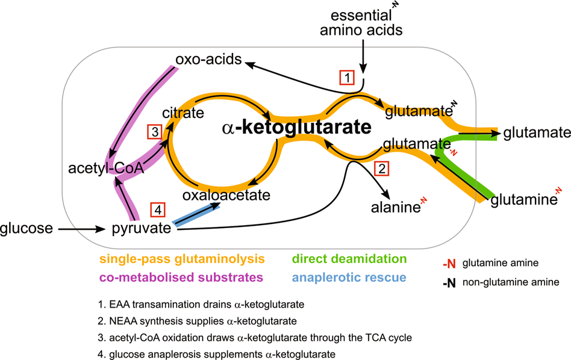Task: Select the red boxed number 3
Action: [x=154, y=131]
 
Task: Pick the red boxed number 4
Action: [x=158, y=210]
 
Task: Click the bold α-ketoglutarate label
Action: [x=296, y=128]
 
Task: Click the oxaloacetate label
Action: [x=226, y=195]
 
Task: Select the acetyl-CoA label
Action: [x=106, y=169]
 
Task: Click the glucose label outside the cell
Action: [x=26, y=229]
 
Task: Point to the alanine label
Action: [x=395, y=208]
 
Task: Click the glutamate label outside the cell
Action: [x=537, y=132]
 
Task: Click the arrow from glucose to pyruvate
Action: [x=82, y=229]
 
